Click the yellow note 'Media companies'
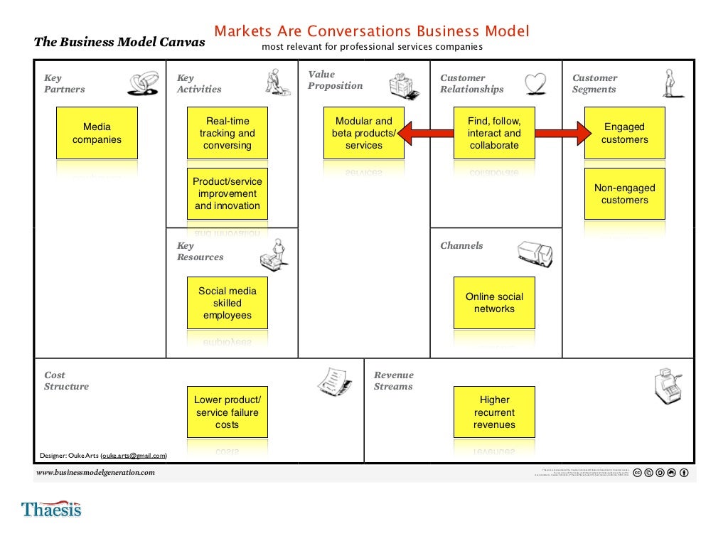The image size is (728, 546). click(97, 133)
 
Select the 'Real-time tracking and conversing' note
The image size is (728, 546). click(227, 133)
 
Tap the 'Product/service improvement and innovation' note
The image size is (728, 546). click(227, 193)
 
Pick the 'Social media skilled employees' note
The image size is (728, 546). click(227, 303)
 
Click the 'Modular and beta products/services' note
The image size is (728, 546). click(363, 133)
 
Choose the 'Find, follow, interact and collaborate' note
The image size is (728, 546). click(494, 133)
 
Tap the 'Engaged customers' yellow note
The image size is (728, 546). click(625, 133)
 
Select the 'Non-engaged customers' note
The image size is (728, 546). click(625, 193)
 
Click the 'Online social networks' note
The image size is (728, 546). click(494, 303)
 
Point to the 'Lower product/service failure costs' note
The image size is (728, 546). click(227, 412)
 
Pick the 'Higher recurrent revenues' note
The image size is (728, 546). click(494, 412)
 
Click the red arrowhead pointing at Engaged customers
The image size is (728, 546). click(583, 133)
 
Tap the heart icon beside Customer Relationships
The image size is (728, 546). click(535, 84)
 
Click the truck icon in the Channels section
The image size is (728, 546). click(535, 254)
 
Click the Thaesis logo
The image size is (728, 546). click(51, 509)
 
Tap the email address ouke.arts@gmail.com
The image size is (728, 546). click(134, 455)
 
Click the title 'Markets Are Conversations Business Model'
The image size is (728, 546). click(372, 32)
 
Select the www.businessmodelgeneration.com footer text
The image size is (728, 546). click(95, 473)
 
